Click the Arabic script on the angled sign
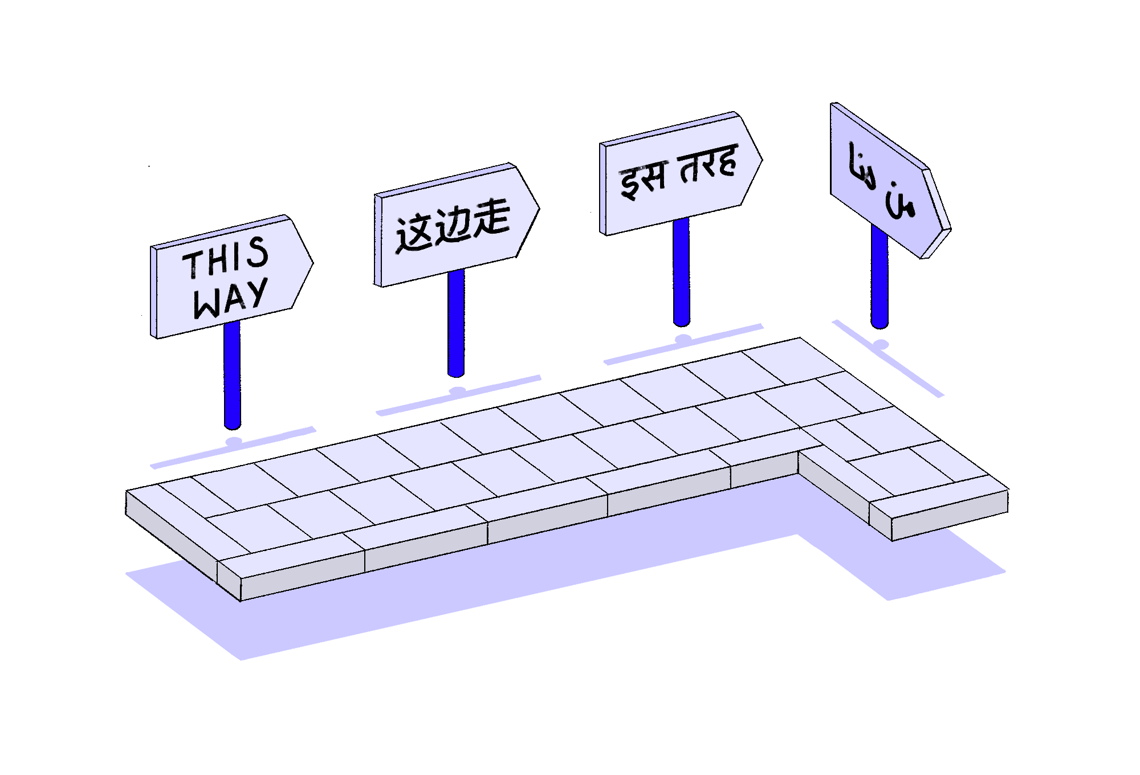pos(881,181)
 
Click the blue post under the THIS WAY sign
pos(232,376)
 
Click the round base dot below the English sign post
pos(234,441)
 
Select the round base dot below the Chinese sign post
pos(458,390)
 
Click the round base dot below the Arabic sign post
pos(881,344)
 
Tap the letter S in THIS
pos(258,252)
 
